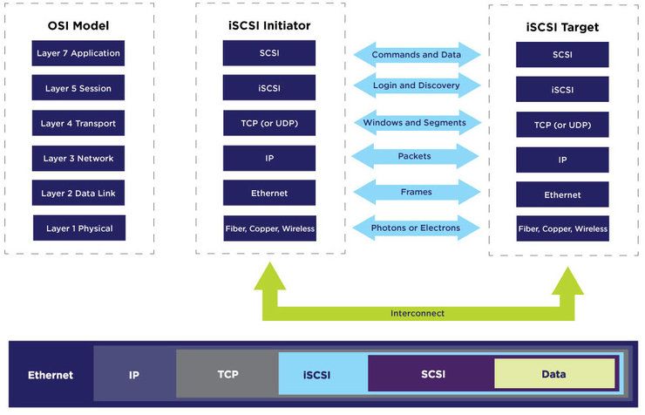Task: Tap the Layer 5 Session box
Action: (77, 88)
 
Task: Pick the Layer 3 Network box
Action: (78, 158)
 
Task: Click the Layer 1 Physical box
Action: (78, 228)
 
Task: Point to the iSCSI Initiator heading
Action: (269, 25)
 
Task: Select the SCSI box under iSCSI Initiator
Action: (269, 52)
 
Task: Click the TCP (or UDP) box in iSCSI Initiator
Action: (269, 123)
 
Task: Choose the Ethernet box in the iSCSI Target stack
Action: (563, 195)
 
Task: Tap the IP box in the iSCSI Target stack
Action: (563, 160)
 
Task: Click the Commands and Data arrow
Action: (417, 54)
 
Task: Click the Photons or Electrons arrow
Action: (416, 228)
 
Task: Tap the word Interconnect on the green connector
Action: (417, 313)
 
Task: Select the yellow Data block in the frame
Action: (553, 374)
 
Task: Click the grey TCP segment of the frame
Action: (227, 374)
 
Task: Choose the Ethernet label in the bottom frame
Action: (51, 376)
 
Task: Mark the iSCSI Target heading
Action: (563, 27)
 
